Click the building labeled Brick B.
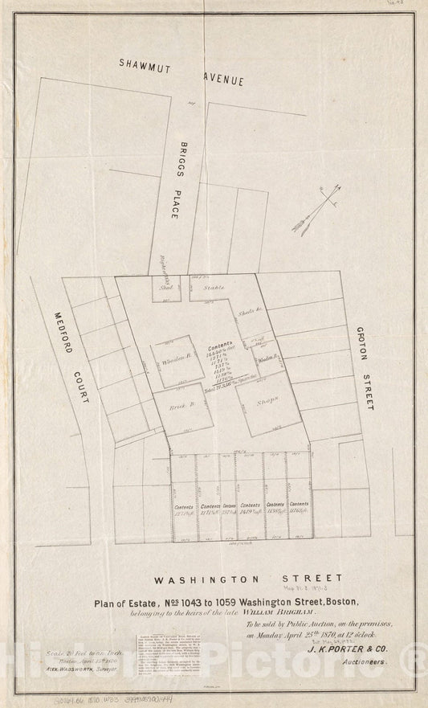(x=184, y=408)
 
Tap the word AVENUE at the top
(x=230, y=77)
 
